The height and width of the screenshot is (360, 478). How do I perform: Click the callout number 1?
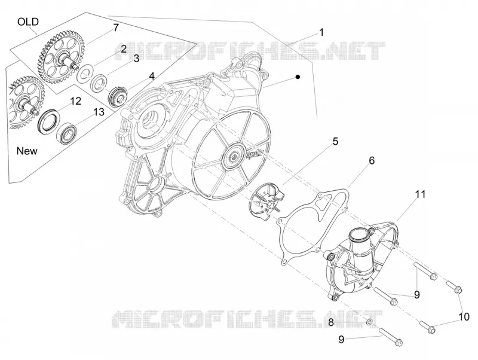pyautogui.click(x=321, y=32)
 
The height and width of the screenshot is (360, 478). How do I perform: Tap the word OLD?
pyautogui.click(x=28, y=22)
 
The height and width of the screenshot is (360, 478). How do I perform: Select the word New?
pyautogui.click(x=27, y=151)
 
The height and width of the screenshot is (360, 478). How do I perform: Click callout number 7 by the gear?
pyautogui.click(x=116, y=28)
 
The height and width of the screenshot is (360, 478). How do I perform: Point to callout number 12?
pyautogui.click(x=76, y=100)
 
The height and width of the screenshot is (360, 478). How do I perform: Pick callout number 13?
pyautogui.click(x=99, y=112)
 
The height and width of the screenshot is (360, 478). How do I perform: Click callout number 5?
pyautogui.click(x=335, y=141)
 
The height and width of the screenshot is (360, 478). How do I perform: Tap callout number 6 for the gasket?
pyautogui.click(x=372, y=160)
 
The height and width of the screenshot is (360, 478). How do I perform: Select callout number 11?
pyautogui.click(x=421, y=194)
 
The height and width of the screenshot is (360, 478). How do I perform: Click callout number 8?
pyautogui.click(x=331, y=322)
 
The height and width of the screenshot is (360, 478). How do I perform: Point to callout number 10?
pyautogui.click(x=464, y=317)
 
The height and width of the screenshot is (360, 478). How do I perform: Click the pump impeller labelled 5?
pyautogui.click(x=264, y=199)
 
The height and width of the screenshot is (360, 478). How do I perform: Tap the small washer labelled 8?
pyautogui.click(x=369, y=322)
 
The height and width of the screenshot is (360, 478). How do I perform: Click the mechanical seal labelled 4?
pyautogui.click(x=118, y=96)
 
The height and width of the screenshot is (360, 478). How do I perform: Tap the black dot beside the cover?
pyautogui.click(x=298, y=77)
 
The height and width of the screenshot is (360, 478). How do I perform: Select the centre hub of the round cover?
pyautogui.click(x=234, y=157)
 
